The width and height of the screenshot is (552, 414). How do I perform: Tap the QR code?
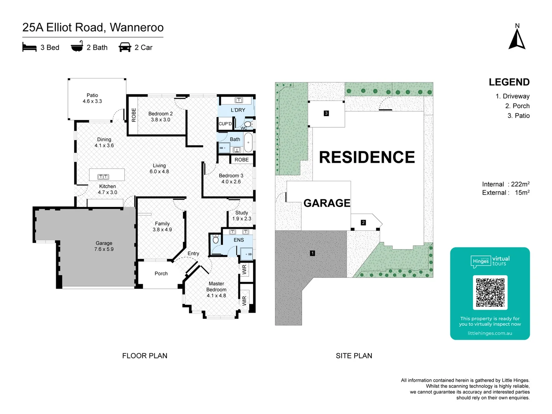[490, 292]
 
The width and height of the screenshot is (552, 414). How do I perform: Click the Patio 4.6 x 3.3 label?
[92, 98]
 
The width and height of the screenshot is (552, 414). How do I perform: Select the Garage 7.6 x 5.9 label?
[104, 246]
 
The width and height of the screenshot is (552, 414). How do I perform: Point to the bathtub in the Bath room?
[248, 143]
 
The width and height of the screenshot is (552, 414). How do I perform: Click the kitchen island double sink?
[103, 177]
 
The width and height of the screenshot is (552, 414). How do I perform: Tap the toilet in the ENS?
[216, 240]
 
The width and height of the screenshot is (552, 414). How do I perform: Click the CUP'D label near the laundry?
[225, 124]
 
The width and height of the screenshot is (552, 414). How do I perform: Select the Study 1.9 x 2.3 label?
[242, 215]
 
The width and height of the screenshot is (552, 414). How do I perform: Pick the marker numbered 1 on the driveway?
[312, 253]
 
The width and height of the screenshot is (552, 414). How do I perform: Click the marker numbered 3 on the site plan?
[326, 113]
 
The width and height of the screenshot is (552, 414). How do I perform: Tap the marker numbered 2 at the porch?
[363, 222]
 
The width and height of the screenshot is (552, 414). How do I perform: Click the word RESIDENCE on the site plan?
[367, 157]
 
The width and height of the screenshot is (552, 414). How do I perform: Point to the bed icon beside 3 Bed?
[30, 47]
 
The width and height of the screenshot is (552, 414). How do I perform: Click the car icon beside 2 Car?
[125, 47]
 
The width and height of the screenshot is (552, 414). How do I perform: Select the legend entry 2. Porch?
[517, 106]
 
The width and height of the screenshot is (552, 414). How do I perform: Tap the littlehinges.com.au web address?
[490, 333]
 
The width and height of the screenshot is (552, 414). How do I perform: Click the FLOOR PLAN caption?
[145, 356]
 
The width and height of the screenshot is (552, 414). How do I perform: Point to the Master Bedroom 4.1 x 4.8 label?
[217, 289]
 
